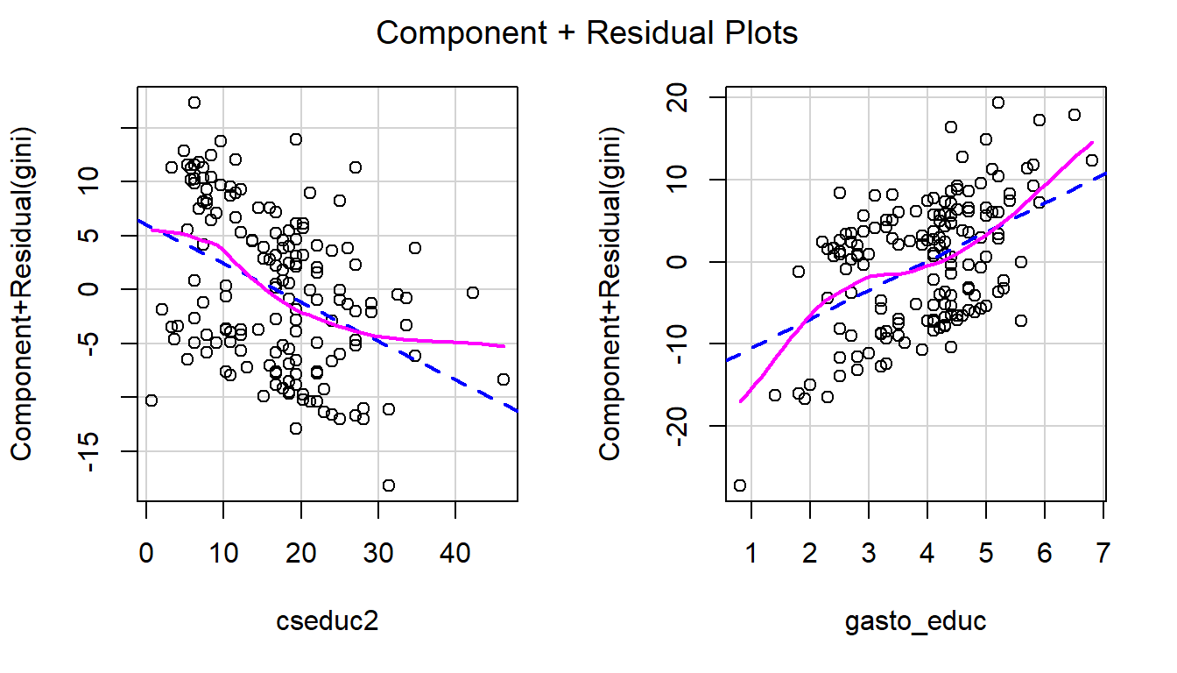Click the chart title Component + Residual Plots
[587, 33]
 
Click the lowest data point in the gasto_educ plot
[740, 485]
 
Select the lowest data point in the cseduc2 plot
[388, 485]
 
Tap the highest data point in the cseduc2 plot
[194, 103]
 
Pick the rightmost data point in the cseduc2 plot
[503, 379]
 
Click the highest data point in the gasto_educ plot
[997, 103]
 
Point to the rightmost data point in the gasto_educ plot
[1091, 159]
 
